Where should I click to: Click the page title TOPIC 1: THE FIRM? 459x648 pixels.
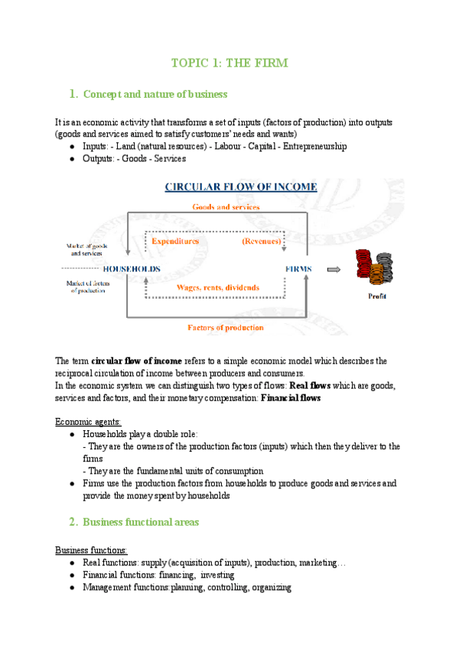click(x=229, y=63)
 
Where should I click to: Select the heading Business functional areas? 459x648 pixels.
click(x=140, y=522)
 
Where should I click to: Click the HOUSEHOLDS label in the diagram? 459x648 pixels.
click(x=131, y=269)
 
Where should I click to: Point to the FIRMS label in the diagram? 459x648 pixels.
click(x=298, y=269)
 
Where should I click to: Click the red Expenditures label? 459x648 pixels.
click(x=175, y=241)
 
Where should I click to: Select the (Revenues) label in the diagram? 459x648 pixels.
click(x=261, y=241)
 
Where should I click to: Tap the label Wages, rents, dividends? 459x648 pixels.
click(x=218, y=287)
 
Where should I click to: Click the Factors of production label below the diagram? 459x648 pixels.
click(x=226, y=327)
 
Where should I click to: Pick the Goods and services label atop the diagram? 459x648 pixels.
click(x=226, y=206)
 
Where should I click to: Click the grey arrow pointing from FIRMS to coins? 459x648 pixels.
click(x=334, y=269)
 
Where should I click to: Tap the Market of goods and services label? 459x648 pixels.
click(x=84, y=248)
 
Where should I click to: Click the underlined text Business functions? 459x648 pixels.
click(x=91, y=550)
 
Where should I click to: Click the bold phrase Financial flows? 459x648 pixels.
click(x=291, y=398)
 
